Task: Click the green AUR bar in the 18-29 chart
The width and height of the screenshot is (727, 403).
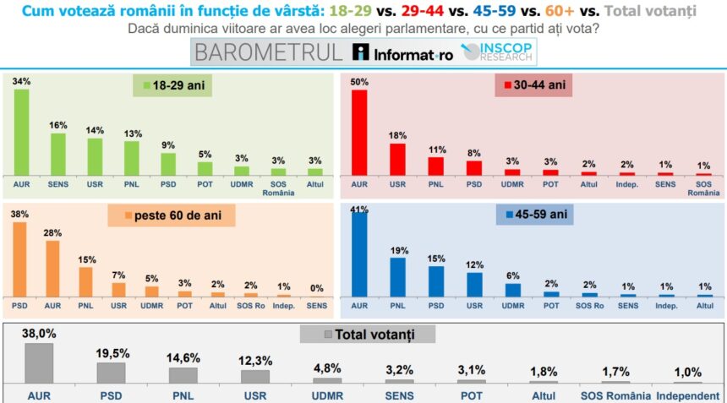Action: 21,131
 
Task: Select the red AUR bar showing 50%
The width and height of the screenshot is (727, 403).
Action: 359,132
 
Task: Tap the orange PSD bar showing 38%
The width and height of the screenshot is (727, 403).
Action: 19,259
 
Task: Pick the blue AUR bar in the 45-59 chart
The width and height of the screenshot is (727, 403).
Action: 359,259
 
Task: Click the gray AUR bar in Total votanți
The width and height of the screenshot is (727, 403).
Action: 39,362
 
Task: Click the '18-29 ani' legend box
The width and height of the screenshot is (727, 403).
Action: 177,85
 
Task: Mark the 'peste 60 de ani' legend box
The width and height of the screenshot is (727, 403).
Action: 171,215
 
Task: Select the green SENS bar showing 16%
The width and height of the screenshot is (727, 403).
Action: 58,153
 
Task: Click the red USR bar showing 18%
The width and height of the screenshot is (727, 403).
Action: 397,158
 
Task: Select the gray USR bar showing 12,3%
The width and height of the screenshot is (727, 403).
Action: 255,376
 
